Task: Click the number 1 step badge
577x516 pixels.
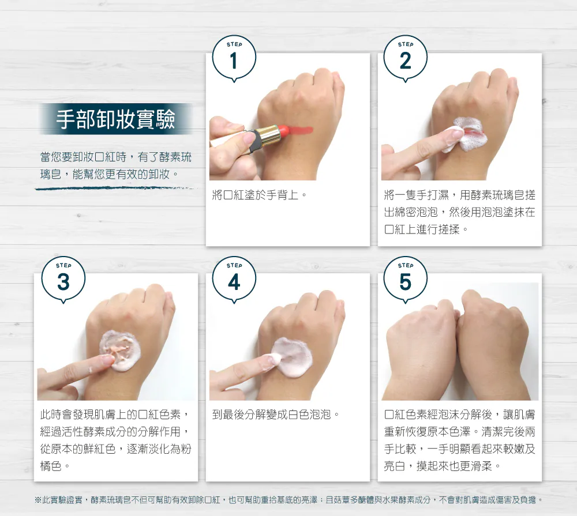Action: point(234,59)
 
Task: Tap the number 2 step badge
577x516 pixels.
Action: point(405,59)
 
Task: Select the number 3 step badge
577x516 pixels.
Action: point(63,280)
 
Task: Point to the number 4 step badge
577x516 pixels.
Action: point(234,280)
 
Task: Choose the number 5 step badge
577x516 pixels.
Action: point(405,280)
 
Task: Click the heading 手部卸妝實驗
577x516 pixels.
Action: point(115,119)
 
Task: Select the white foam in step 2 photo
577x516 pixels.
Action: point(466,134)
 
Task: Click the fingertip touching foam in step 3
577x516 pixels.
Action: point(107,360)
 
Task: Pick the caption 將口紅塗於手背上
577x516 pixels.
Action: point(260,195)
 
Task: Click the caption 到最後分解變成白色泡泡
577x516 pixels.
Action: point(276,415)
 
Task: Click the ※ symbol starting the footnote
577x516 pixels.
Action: point(38,500)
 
